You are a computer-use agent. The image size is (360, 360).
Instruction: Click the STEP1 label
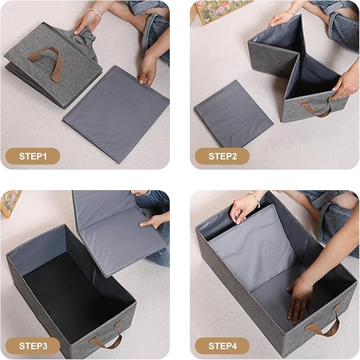click(x=33, y=156)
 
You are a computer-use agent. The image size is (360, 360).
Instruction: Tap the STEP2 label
click(x=222, y=156)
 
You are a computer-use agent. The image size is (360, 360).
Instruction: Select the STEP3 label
click(x=33, y=346)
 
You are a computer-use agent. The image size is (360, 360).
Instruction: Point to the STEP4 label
click(x=222, y=346)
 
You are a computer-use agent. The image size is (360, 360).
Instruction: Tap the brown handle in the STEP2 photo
click(x=318, y=109)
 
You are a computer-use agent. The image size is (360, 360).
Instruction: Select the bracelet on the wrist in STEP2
click(x=290, y=12)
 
